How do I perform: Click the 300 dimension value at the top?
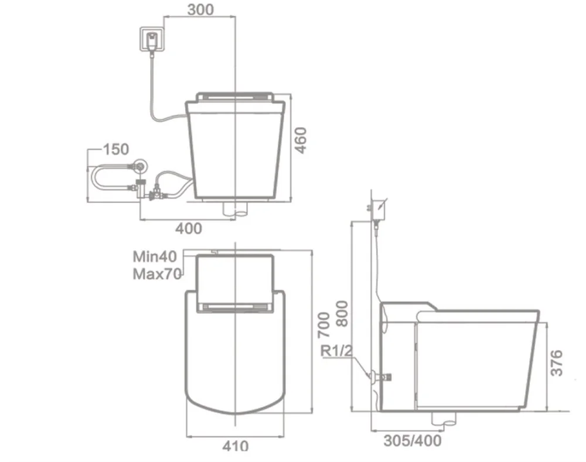200,10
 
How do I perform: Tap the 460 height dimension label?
301,141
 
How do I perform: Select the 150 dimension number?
116,149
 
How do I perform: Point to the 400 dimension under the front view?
189,228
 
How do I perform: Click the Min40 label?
155,256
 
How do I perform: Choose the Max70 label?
157,275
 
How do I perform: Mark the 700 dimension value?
323,325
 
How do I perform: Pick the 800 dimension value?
342,314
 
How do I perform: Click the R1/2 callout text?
337,351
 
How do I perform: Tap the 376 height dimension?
556,362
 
